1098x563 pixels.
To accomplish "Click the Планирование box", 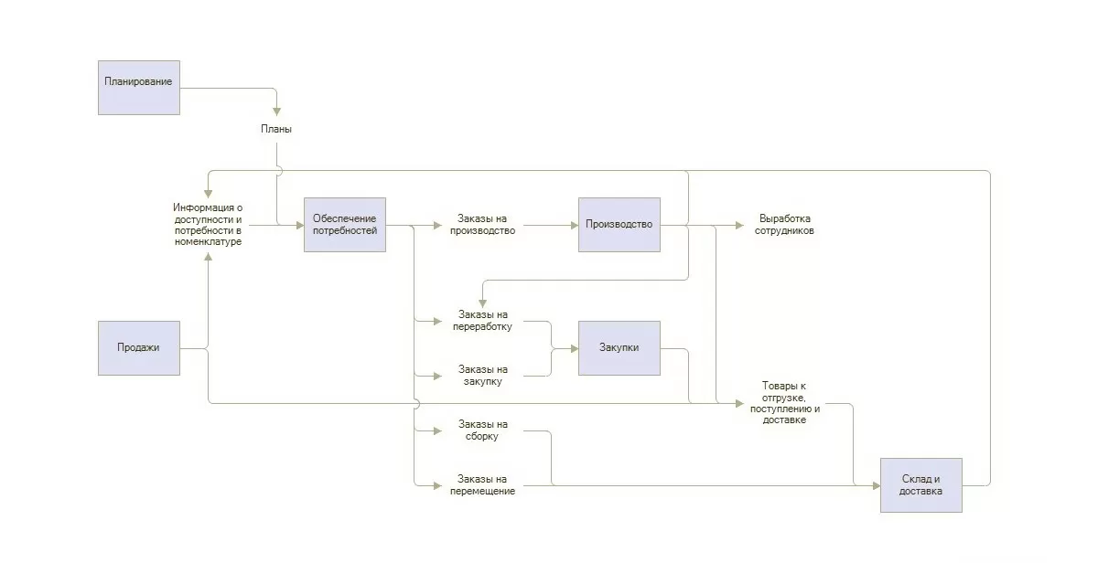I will [139, 88].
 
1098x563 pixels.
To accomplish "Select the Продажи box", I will [139, 347].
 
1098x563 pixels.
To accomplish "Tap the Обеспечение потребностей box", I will [345, 225].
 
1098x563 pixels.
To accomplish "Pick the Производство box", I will [619, 225].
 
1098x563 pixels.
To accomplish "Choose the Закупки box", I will [619, 347].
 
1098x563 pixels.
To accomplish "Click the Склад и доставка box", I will [920, 484].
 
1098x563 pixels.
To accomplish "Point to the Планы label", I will [276, 130].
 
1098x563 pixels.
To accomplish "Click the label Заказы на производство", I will [482, 225].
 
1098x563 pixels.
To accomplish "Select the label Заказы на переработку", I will [482, 321].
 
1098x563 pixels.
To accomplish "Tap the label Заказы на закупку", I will [482, 376].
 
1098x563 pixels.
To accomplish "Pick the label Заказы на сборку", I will [482, 430].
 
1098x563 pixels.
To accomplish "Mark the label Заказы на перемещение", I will [482, 485].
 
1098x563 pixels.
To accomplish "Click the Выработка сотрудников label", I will [785, 225].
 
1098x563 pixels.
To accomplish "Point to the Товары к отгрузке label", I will [785, 403].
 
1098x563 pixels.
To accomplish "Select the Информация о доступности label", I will [209, 225].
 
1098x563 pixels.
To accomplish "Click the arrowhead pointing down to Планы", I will [276, 111].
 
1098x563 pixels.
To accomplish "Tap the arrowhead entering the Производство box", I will [573, 225].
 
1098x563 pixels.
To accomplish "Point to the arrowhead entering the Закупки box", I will [573, 348].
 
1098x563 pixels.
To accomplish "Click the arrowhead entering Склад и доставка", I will [875, 485].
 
